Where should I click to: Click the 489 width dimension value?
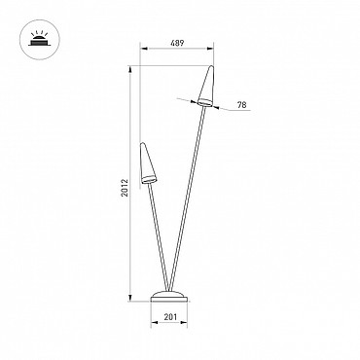[177, 43]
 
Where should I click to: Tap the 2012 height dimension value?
[125, 188]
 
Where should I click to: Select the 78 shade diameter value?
[241, 105]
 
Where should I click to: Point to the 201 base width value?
[170, 317]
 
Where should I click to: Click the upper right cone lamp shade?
[207, 87]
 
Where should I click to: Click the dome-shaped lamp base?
[169, 297]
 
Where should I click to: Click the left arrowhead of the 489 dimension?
[143, 49]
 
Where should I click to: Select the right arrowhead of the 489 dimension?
[211, 49]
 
